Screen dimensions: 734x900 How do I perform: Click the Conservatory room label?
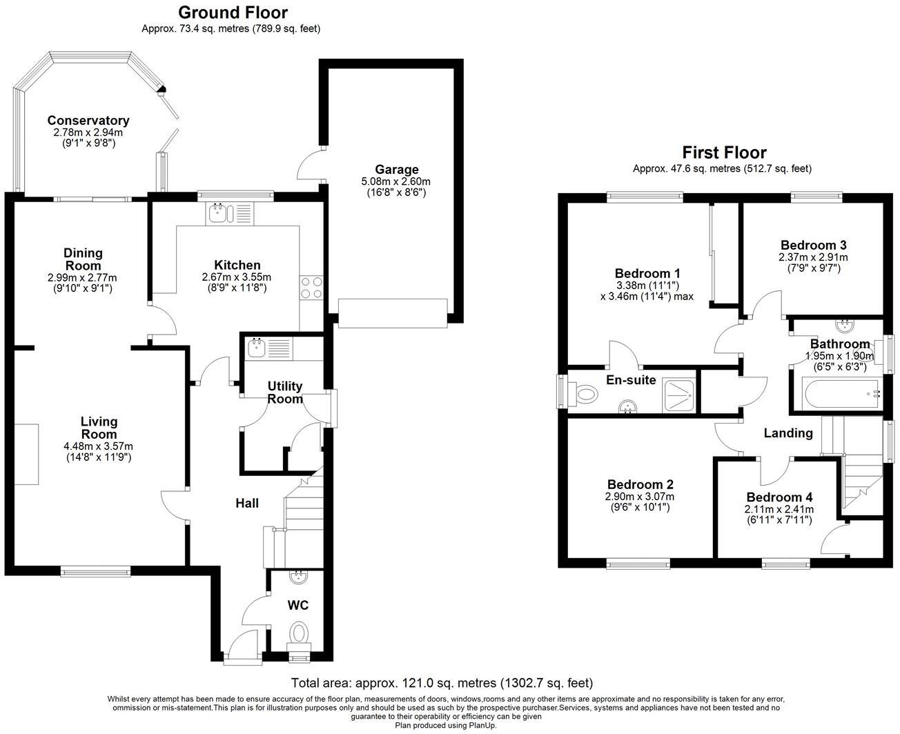coord(88,121)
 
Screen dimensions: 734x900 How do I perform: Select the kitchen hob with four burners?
coord(311,287)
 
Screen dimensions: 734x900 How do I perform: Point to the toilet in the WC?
coord(300,632)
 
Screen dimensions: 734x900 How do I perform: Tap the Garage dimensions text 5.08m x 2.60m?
coord(396,181)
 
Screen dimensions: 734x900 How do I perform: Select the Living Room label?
coord(99,428)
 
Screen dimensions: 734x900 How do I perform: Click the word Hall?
coord(246,503)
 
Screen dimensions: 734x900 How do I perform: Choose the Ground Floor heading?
coord(233,12)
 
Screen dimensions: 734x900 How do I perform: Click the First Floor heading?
coord(724,152)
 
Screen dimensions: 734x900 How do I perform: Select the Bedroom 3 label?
coord(813,245)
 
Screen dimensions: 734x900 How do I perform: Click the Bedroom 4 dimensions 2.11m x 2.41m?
coord(779,510)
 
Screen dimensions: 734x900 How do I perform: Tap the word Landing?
coord(787,433)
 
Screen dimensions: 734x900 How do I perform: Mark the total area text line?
coord(442,684)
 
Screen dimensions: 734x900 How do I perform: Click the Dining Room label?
coord(83,259)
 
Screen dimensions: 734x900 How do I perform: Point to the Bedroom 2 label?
coord(640,485)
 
